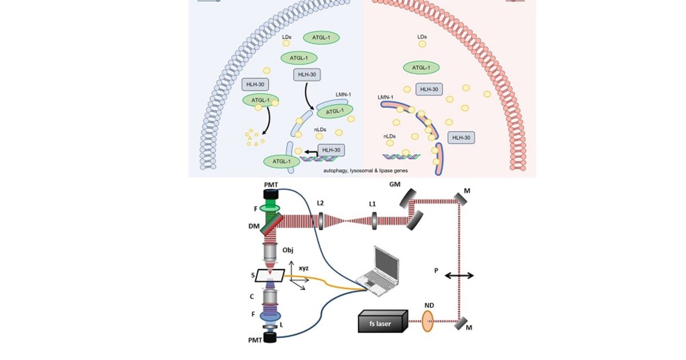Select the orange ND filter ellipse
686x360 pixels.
click(428, 321)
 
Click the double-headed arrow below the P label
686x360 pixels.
click(459, 275)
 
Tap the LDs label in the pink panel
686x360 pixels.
click(422, 37)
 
